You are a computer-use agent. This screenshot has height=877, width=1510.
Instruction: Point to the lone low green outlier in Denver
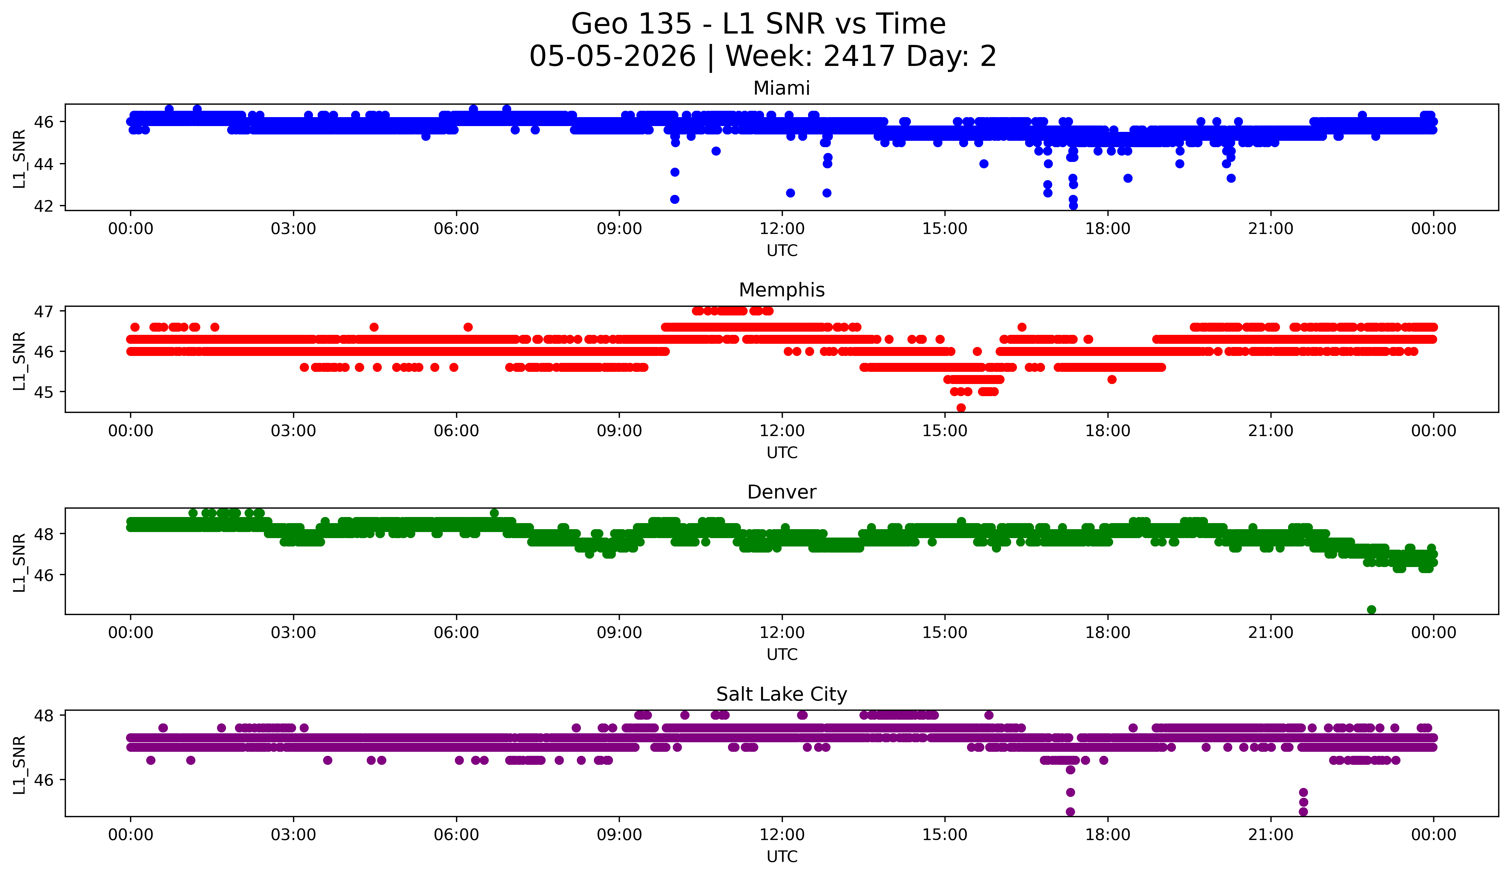(x=1372, y=610)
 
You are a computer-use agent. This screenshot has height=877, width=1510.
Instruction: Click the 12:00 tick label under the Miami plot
(x=782, y=229)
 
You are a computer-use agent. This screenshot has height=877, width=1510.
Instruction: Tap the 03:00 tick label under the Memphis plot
(x=294, y=431)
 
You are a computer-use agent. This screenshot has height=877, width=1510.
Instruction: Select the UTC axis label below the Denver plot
(x=782, y=655)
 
